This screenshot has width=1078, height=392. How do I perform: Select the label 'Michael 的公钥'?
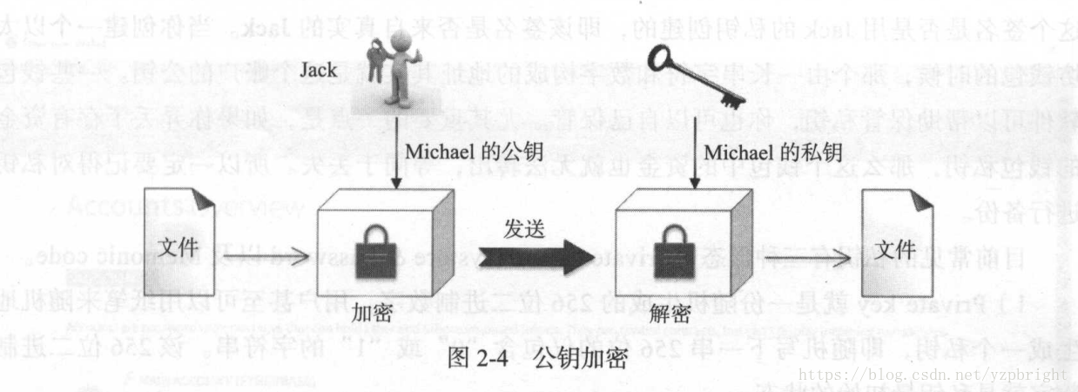[474, 152]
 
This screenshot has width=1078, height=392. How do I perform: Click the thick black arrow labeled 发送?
[532, 258]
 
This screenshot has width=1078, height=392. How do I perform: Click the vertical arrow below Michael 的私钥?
[693, 161]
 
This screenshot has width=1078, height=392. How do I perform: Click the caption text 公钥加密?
[580, 358]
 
